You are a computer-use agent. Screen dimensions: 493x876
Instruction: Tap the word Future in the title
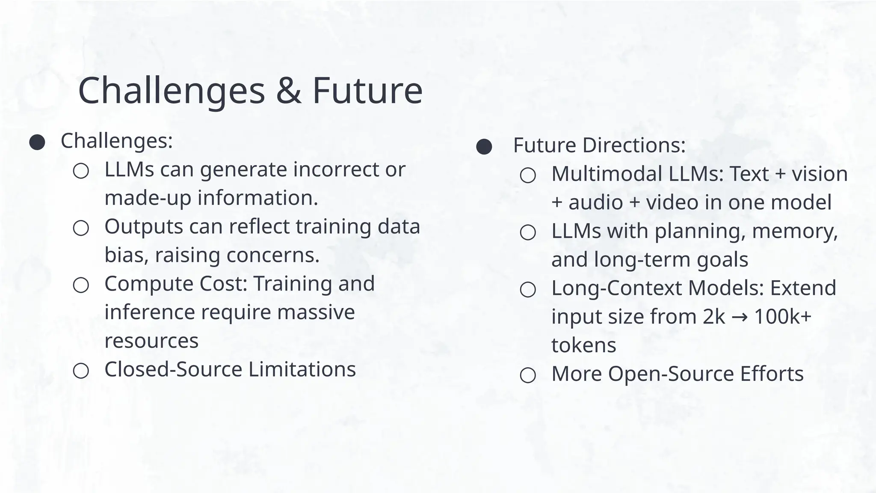[367, 91]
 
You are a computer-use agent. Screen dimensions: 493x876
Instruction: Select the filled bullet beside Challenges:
[37, 143]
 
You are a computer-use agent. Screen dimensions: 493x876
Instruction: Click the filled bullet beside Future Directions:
[484, 147]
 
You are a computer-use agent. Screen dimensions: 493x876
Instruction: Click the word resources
[151, 341]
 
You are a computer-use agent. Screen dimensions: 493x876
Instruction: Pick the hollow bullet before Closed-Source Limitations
[81, 371]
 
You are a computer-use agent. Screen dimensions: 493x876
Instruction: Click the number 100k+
[782, 317]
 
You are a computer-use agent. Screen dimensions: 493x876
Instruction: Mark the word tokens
[583, 345]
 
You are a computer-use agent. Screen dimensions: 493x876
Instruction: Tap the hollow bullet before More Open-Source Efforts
[528, 375]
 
